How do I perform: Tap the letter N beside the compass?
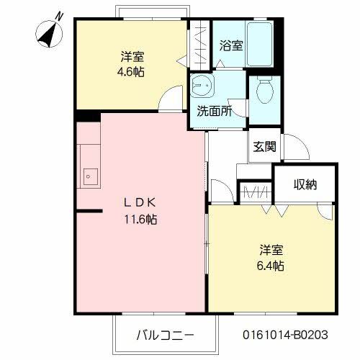58,14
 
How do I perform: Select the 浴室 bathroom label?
230,45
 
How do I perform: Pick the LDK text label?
135,202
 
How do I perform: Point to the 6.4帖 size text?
271,266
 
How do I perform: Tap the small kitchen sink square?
90,174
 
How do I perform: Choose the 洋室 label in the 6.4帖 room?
271,250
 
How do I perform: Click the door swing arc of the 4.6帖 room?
170,98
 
